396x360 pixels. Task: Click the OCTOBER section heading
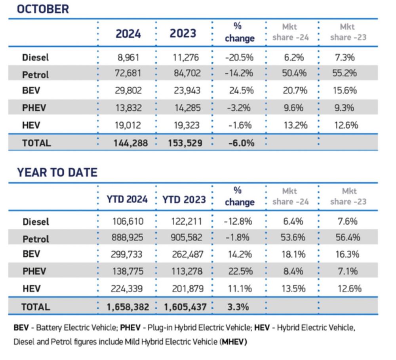pyautogui.click(x=43, y=9)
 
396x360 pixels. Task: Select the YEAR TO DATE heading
pyautogui.click(x=57, y=173)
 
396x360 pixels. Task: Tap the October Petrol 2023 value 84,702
pyautogui.click(x=184, y=74)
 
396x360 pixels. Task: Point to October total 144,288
pyautogui.click(x=128, y=143)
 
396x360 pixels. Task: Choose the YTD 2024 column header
pyautogui.click(x=127, y=199)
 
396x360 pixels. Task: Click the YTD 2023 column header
pyautogui.click(x=184, y=199)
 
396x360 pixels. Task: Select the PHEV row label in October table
pyautogui.click(x=34, y=108)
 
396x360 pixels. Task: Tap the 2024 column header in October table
pyautogui.click(x=128, y=34)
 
